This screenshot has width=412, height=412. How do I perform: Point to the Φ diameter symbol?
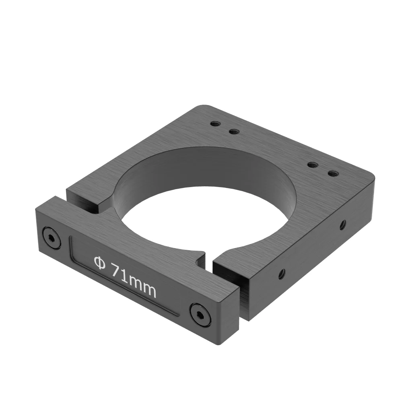pyautogui.click(x=99, y=262)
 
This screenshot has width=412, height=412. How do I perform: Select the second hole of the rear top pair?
pyautogui.click(x=233, y=131)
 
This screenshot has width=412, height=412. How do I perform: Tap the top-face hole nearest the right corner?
pyautogui.click(x=333, y=173)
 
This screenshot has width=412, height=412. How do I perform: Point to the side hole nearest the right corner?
pyautogui.click(x=342, y=224)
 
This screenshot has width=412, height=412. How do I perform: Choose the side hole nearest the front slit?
pyautogui.click(x=282, y=274)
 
